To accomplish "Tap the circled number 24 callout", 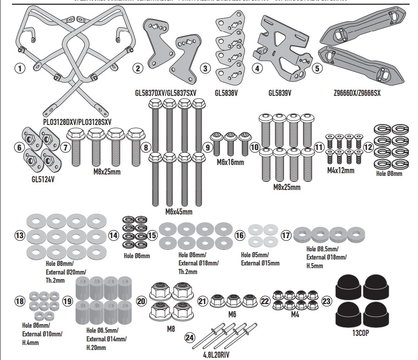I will click(x=190, y=337).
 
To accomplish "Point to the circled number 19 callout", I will click(x=68, y=302).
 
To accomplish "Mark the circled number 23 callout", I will click(x=327, y=300).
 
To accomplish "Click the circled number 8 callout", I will click(x=145, y=147).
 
